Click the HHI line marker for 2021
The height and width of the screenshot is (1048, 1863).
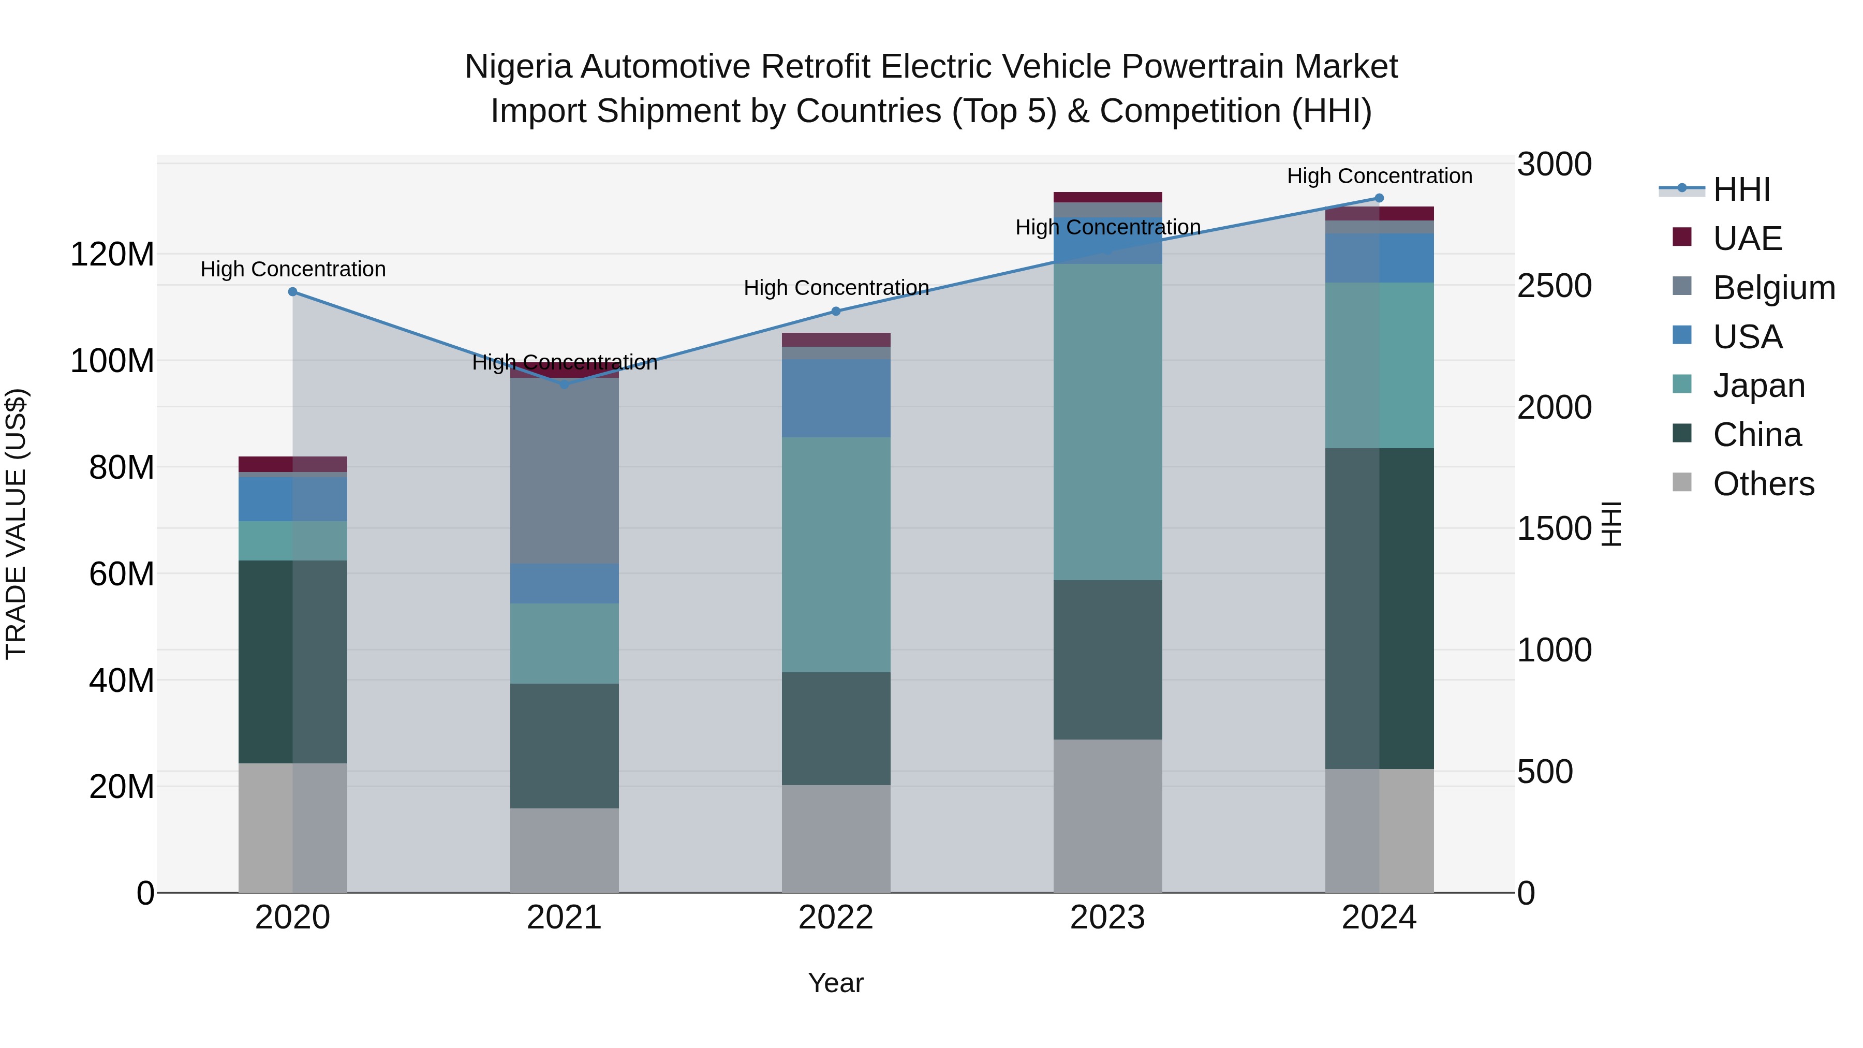pyautogui.click(x=565, y=385)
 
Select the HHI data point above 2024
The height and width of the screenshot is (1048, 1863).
pyautogui.click(x=1379, y=198)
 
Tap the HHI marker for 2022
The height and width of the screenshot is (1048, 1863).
pyautogui.click(x=836, y=311)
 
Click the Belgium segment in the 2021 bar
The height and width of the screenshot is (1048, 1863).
pyautogui.click(x=565, y=470)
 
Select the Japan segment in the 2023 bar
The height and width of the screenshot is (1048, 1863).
pyautogui.click(x=1107, y=422)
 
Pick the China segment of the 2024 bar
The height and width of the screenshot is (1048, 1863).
pyautogui.click(x=1379, y=608)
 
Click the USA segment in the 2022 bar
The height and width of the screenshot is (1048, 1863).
pyautogui.click(x=836, y=398)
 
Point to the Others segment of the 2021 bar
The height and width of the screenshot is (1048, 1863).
pyautogui.click(x=565, y=850)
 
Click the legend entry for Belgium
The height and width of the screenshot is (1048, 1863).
pyautogui.click(x=1773, y=288)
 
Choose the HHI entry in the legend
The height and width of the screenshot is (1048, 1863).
pyautogui.click(x=1741, y=189)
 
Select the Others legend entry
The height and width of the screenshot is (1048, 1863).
pyautogui.click(x=1763, y=484)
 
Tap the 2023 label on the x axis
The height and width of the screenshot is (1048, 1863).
pyautogui.click(x=1107, y=918)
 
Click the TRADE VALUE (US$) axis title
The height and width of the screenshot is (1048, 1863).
pyautogui.click(x=16, y=524)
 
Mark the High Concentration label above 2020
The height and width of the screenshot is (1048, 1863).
pyautogui.click(x=293, y=269)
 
